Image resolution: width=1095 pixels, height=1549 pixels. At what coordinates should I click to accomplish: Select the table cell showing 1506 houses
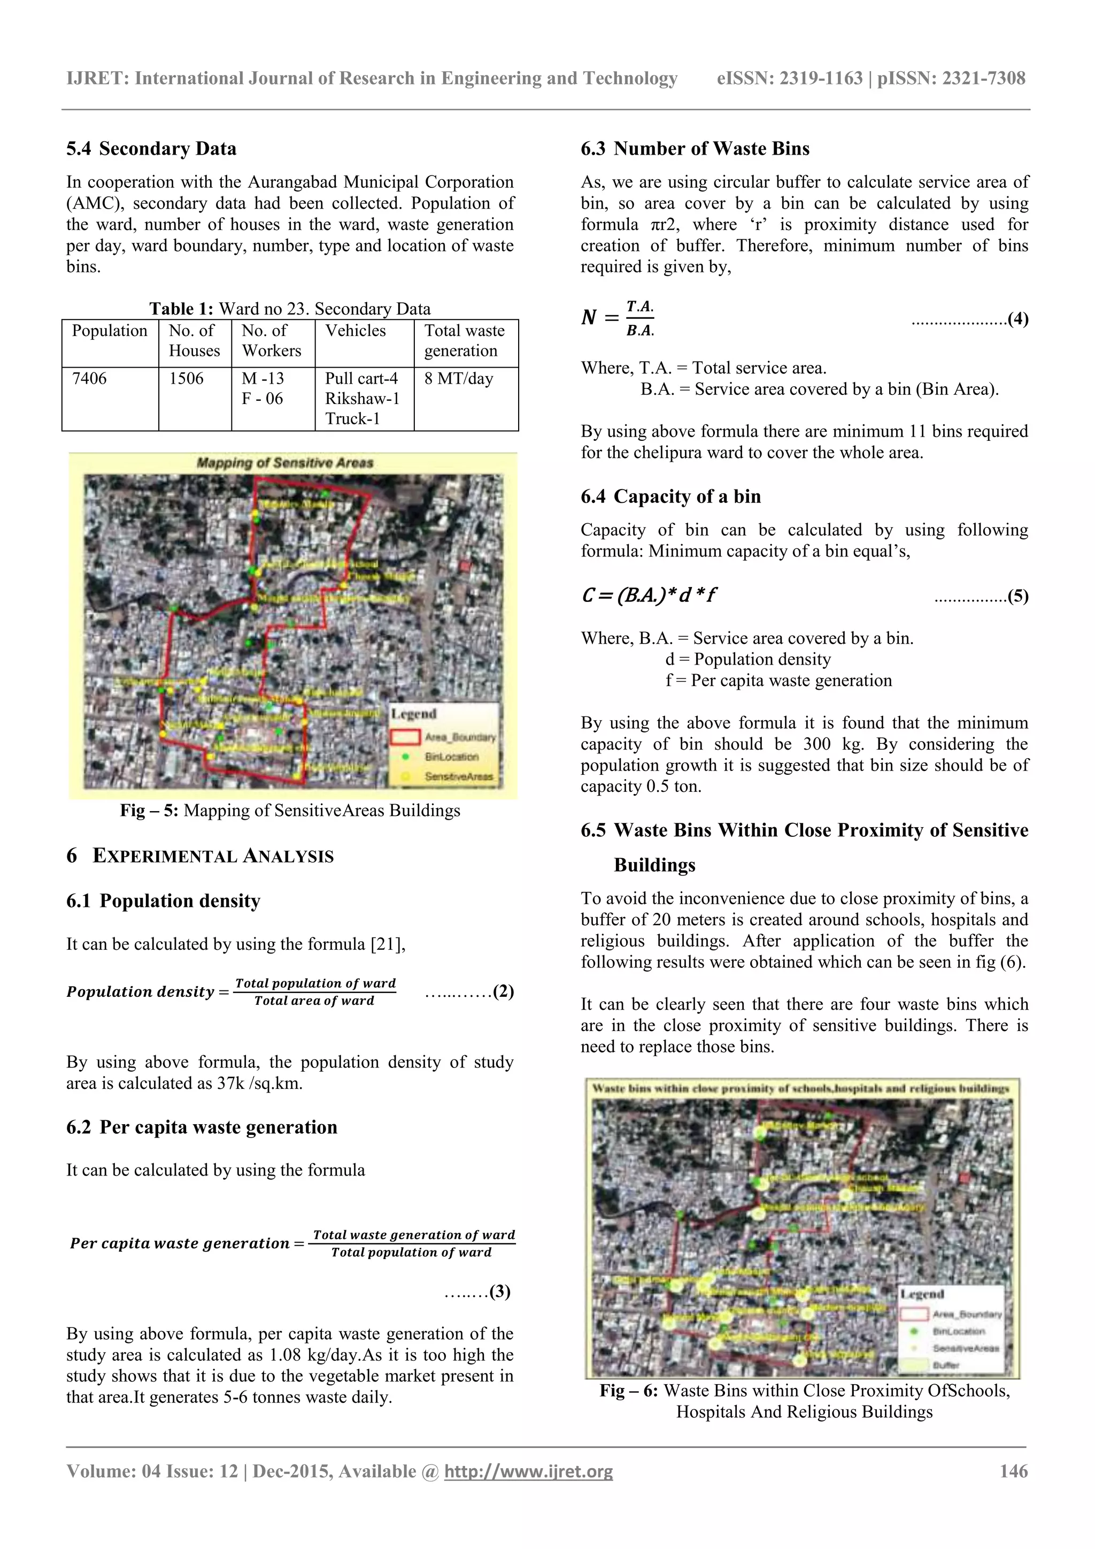(x=186, y=378)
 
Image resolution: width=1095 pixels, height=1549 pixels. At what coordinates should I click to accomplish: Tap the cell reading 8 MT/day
(x=459, y=378)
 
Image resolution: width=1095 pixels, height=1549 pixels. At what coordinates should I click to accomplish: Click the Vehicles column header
(x=356, y=331)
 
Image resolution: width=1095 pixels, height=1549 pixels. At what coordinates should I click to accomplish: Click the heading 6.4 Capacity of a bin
(x=670, y=497)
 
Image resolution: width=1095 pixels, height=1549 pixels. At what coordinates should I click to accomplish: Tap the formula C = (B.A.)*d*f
(x=648, y=595)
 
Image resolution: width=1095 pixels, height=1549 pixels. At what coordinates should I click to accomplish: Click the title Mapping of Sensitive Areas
(x=284, y=463)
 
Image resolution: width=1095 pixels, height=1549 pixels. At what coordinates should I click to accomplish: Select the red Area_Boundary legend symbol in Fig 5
(x=405, y=737)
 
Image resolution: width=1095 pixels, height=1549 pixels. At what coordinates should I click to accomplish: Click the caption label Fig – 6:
(x=628, y=1391)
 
